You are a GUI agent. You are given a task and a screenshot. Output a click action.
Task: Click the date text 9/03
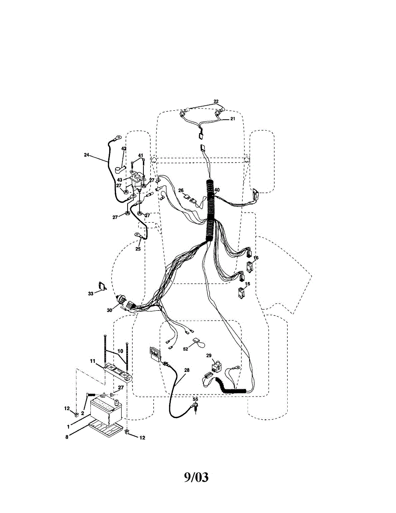(x=196, y=477)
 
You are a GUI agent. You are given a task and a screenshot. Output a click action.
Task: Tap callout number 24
(x=87, y=155)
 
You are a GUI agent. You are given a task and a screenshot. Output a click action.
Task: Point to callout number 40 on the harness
(x=217, y=190)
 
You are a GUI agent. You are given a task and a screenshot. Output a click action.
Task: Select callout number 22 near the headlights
(x=216, y=101)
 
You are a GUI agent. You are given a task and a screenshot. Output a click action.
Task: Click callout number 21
(x=233, y=119)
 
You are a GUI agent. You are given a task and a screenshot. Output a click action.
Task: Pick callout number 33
(x=91, y=293)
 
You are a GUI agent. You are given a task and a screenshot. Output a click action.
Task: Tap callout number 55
(x=196, y=399)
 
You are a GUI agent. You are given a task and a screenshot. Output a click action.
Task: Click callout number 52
(x=186, y=349)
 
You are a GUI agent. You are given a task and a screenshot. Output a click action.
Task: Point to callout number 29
(x=209, y=356)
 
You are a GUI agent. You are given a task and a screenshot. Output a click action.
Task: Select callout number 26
(x=181, y=190)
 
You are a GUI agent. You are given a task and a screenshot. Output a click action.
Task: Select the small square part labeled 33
(x=102, y=286)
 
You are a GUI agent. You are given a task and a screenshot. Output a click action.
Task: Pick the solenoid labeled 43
(x=137, y=180)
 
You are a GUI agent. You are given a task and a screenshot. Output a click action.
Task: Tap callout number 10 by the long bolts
(x=121, y=351)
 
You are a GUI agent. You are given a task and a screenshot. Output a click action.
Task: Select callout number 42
(x=124, y=149)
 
